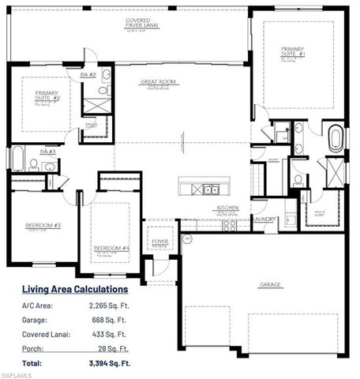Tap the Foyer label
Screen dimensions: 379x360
pyautogui.click(x=159, y=242)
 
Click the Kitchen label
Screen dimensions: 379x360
pyautogui.click(x=227, y=208)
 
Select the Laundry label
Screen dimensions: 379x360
pyautogui.click(x=264, y=219)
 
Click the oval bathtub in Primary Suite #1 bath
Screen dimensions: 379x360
pyautogui.click(x=336, y=137)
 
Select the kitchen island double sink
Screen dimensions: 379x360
pyautogui.click(x=209, y=189)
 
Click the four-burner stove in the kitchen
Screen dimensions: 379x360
pyautogui.click(x=229, y=224)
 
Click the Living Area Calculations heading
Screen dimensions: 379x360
pyautogui.click(x=74, y=289)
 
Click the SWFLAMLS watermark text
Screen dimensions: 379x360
pyautogui.click(x=17, y=373)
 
